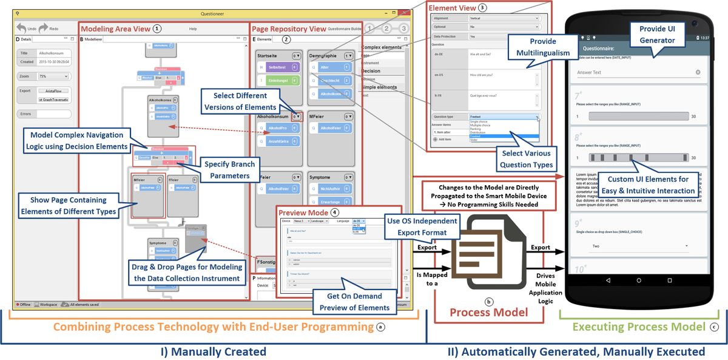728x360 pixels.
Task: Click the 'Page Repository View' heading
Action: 288,29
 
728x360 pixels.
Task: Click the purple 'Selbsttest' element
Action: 279,67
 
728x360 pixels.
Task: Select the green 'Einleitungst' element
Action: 279,80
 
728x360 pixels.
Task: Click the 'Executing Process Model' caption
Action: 638,327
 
